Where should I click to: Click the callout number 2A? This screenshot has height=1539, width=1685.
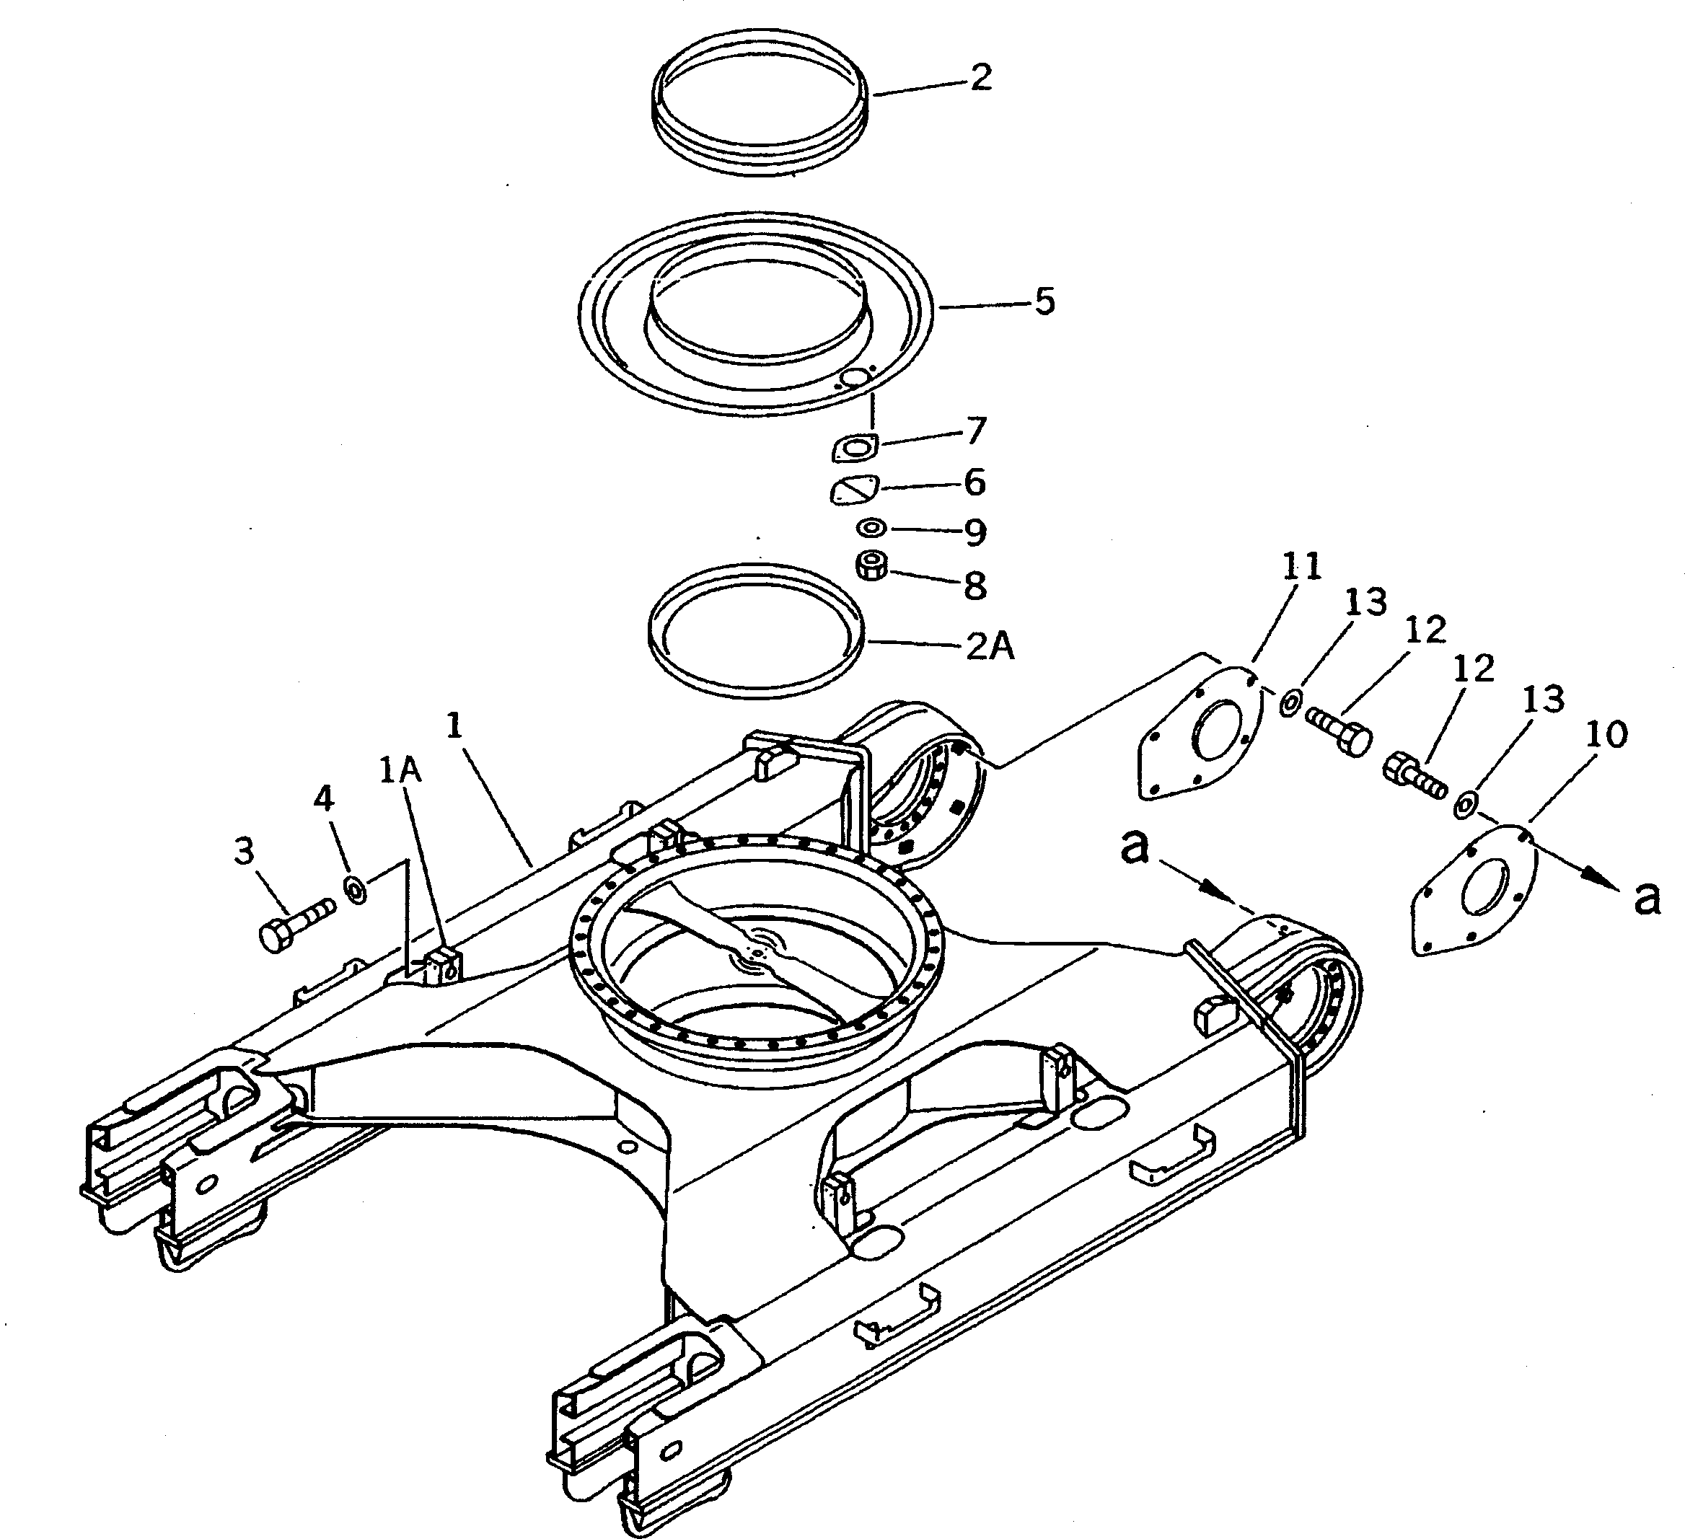(990, 647)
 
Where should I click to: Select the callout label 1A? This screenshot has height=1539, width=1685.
(400, 771)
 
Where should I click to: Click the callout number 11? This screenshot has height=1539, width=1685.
(1301, 568)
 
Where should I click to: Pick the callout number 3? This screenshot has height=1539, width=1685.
(243, 852)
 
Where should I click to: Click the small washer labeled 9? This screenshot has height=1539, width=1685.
(873, 528)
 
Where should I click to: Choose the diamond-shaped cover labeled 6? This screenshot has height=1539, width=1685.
(853, 489)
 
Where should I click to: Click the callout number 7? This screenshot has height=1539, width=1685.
(976, 431)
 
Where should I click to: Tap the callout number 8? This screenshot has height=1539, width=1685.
(975, 586)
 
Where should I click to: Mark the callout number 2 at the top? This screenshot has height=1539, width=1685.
(981, 77)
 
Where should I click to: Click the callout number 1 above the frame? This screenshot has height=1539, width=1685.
(454, 726)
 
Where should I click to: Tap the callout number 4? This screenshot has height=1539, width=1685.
(323, 800)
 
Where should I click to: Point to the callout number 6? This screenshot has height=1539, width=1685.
(975, 483)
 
